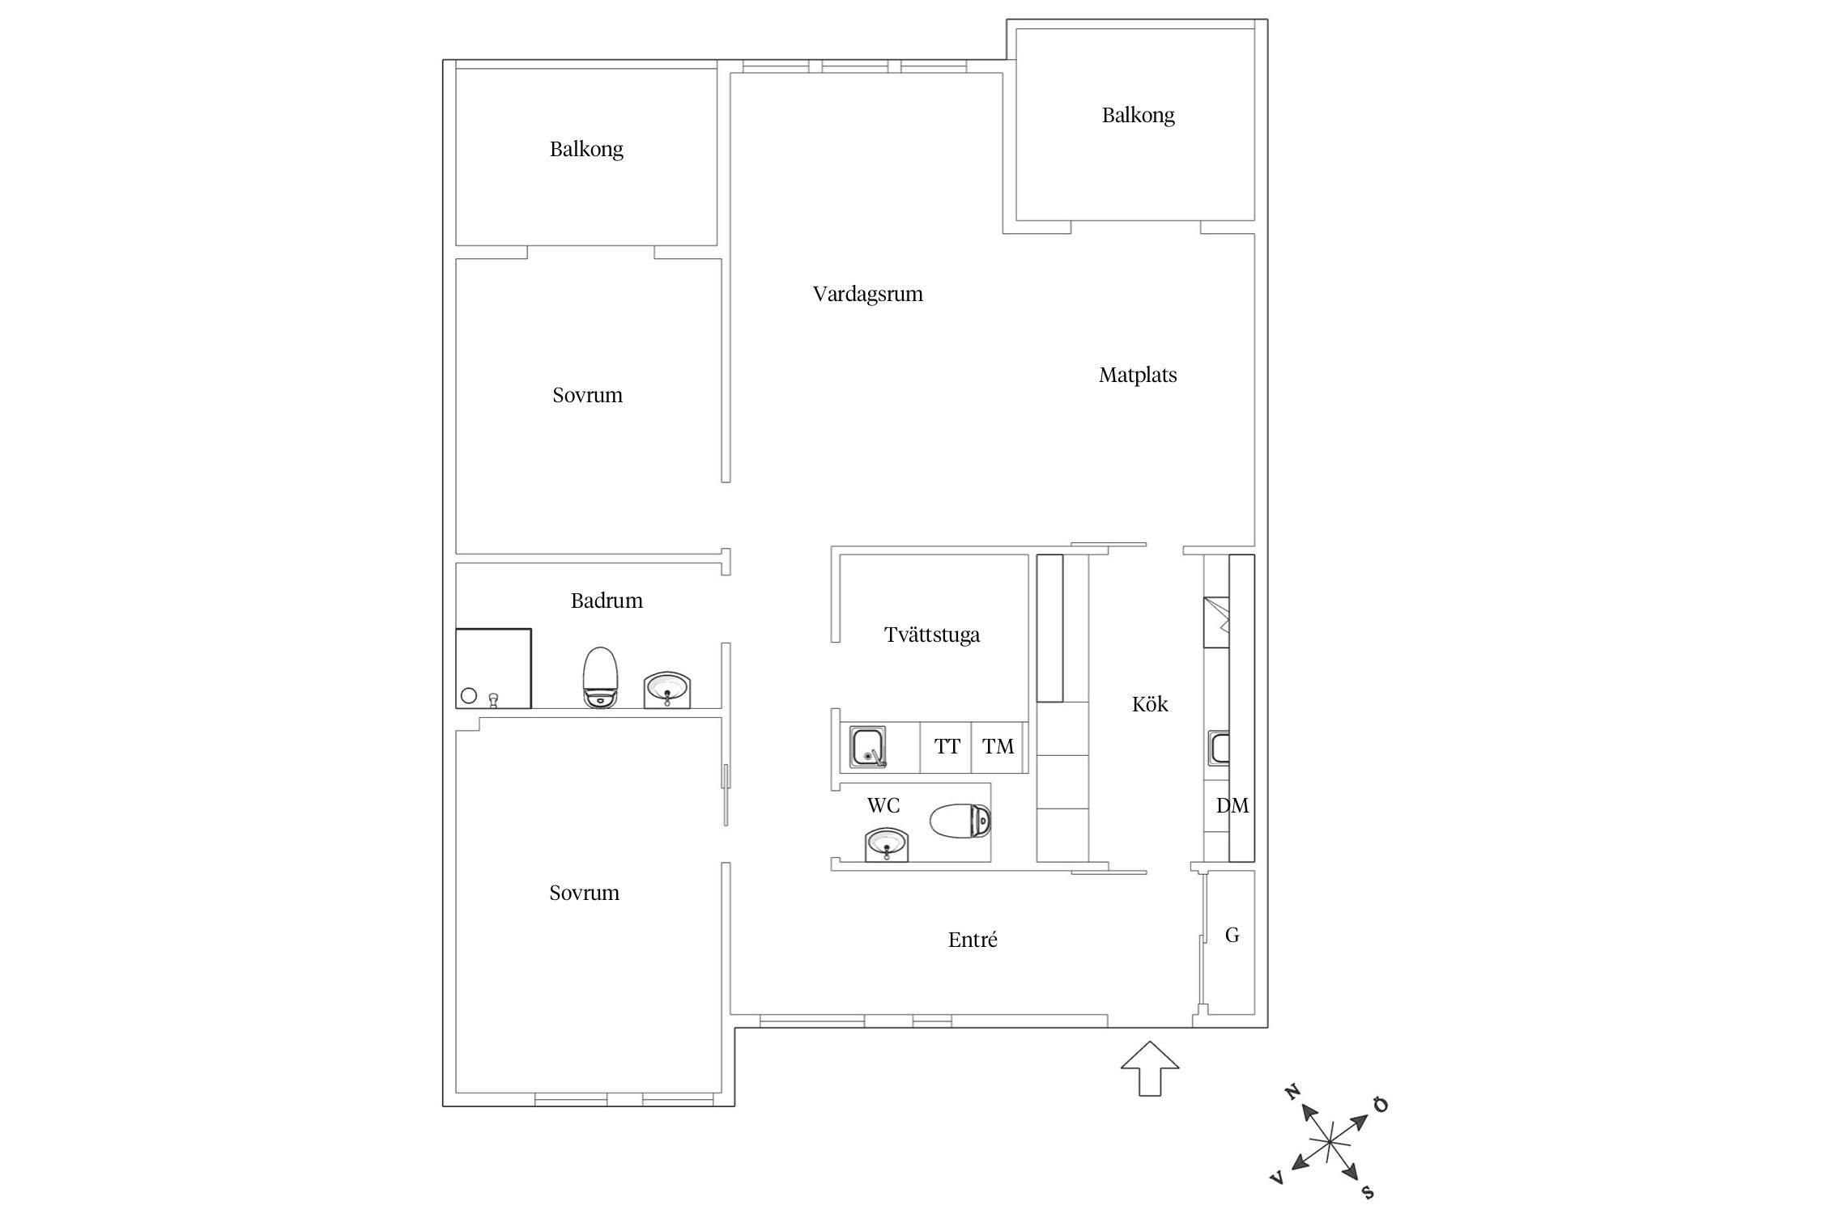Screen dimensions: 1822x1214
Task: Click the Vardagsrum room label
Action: [867, 294]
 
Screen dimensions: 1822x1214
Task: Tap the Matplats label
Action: [1138, 375]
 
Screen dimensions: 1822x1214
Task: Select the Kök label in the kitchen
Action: [1150, 704]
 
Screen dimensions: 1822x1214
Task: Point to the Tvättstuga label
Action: [932, 635]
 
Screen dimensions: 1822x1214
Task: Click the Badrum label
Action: [607, 601]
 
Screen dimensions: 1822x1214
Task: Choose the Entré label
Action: [973, 940]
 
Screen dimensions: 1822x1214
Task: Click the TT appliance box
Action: [946, 747]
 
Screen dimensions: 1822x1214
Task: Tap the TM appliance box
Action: [998, 747]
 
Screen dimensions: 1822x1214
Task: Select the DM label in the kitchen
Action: [1232, 805]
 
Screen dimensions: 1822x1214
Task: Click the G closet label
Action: [1232, 936]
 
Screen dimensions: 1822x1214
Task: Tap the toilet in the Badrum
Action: [600, 677]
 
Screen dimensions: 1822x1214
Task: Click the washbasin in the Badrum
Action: [667, 690]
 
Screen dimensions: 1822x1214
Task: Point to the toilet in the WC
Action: [960, 821]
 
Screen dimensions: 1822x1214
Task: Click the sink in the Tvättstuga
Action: [868, 747]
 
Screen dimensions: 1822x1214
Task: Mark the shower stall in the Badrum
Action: [493, 669]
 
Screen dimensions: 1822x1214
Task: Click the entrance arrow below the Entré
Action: [1150, 1069]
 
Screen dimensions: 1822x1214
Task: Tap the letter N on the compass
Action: [1292, 1093]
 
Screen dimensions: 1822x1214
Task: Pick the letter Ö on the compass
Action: [1381, 1106]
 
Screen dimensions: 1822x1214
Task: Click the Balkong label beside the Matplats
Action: [1138, 115]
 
